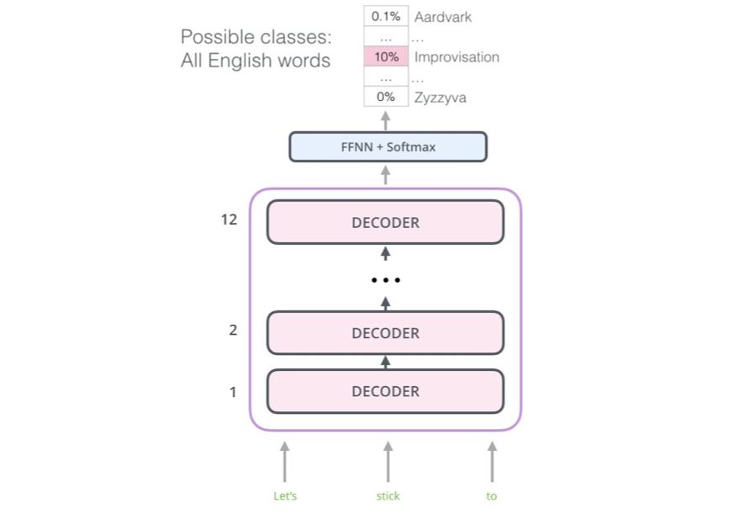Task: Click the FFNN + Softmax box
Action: click(x=388, y=146)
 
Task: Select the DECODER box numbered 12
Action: click(x=385, y=222)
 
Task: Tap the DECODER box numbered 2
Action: click(x=385, y=333)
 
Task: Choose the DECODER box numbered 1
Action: click(x=385, y=391)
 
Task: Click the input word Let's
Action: click(x=285, y=496)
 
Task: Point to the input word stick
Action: click(x=388, y=496)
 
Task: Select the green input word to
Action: click(x=492, y=496)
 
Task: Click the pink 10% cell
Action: click(x=386, y=57)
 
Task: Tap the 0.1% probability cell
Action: click(x=386, y=17)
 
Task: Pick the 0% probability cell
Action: click(x=386, y=97)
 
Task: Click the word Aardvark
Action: click(x=443, y=17)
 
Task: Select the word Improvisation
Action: click(x=457, y=57)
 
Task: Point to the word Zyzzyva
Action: click(x=441, y=98)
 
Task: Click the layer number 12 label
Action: click(x=229, y=220)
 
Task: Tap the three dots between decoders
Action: click(x=386, y=279)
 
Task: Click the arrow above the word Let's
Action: click(x=285, y=461)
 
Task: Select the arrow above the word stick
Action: click(x=388, y=461)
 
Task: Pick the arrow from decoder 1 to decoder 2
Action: click(x=386, y=362)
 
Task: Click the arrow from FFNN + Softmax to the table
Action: click(x=386, y=119)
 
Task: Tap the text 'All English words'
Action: click(x=256, y=61)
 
